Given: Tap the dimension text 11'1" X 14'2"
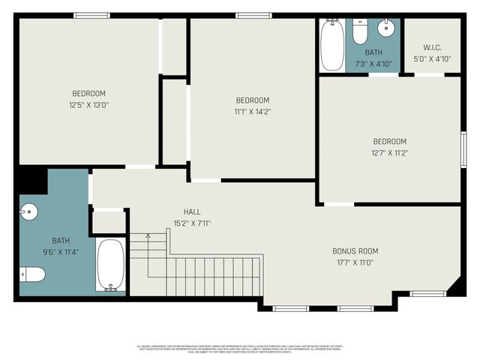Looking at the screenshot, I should coord(253,112).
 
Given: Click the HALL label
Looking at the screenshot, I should coord(192,212).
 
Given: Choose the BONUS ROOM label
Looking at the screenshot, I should coord(355,251).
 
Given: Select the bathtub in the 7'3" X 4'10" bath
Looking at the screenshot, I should coord(331,45).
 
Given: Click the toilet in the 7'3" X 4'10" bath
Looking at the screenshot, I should coord(360,33).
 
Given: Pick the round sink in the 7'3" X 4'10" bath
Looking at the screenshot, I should coord(386,30).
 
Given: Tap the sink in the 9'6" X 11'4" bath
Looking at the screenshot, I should coord(28,212).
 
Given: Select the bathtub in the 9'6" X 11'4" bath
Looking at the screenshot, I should coord(111,265).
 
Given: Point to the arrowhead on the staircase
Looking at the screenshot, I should coord(148,236).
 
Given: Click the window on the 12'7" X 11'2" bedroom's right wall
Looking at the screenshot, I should coord(463,150).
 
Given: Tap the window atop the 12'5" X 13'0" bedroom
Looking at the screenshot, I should coord(91,15).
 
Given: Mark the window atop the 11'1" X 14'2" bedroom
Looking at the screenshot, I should coord(248,15).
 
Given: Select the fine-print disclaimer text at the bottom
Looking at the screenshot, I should coord(240,349).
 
